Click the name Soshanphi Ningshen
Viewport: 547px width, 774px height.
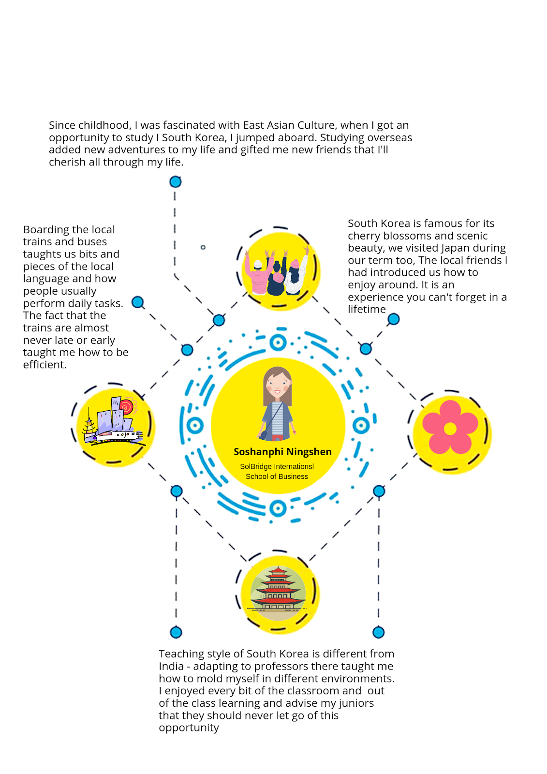click(282, 452)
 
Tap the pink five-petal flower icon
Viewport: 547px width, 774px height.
click(450, 427)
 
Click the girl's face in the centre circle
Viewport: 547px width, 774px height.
click(277, 384)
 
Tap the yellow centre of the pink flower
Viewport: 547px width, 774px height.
click(450, 429)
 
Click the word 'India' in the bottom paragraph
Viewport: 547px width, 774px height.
click(171, 666)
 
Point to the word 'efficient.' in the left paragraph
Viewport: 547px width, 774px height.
click(44, 365)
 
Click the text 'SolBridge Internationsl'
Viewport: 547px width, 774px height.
click(277, 466)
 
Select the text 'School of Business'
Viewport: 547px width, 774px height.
click(277, 476)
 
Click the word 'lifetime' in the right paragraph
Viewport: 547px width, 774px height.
click(367, 309)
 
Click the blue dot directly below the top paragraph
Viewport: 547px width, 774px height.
click(175, 182)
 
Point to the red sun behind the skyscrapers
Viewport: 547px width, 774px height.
click(126, 406)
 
